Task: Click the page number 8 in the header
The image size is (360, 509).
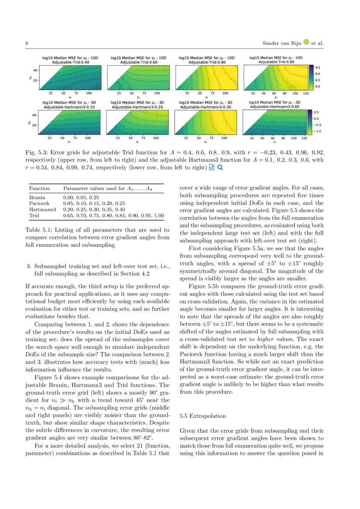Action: coord(27,44)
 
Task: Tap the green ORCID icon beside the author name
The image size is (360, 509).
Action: coord(306,42)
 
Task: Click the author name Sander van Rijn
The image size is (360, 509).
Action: coord(282,44)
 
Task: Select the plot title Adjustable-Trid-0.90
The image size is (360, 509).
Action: coord(277,62)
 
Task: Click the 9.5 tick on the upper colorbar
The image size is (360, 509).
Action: coord(317,68)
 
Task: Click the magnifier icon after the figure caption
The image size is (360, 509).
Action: coord(220,167)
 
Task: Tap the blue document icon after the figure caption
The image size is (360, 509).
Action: coord(212,167)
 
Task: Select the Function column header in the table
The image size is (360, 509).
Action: coord(39,189)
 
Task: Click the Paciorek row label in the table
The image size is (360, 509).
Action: coord(40,203)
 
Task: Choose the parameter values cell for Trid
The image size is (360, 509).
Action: coord(113,216)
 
